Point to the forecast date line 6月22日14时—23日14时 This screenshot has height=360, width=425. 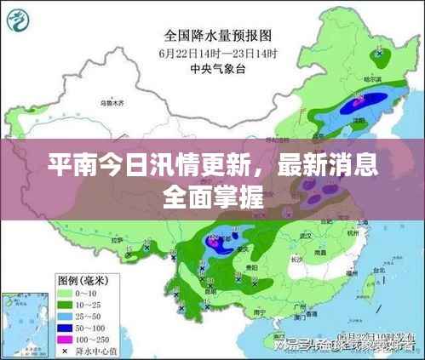pos(216,54)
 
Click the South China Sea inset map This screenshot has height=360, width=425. pos(21,323)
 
